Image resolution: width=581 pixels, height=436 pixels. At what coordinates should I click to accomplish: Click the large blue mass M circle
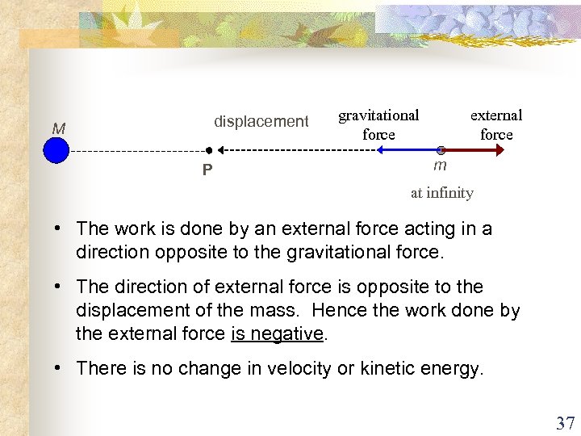[56, 150]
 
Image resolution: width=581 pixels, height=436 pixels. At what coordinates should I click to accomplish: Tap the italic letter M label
[58, 128]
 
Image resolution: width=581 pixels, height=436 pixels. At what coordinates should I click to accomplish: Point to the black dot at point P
[208, 150]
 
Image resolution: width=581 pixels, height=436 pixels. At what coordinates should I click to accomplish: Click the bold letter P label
[207, 170]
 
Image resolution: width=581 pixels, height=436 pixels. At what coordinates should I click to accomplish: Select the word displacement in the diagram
[261, 122]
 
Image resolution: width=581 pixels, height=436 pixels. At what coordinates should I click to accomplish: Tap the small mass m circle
[441, 150]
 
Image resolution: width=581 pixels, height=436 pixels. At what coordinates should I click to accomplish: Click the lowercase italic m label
[440, 166]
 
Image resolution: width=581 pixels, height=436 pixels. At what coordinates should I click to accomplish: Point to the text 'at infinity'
[441, 193]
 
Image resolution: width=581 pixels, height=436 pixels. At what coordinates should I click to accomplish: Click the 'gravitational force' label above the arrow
[378, 124]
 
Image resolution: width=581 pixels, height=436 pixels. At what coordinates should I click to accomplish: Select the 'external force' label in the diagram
[496, 124]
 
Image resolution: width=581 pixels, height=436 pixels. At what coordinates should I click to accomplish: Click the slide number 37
[564, 422]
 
